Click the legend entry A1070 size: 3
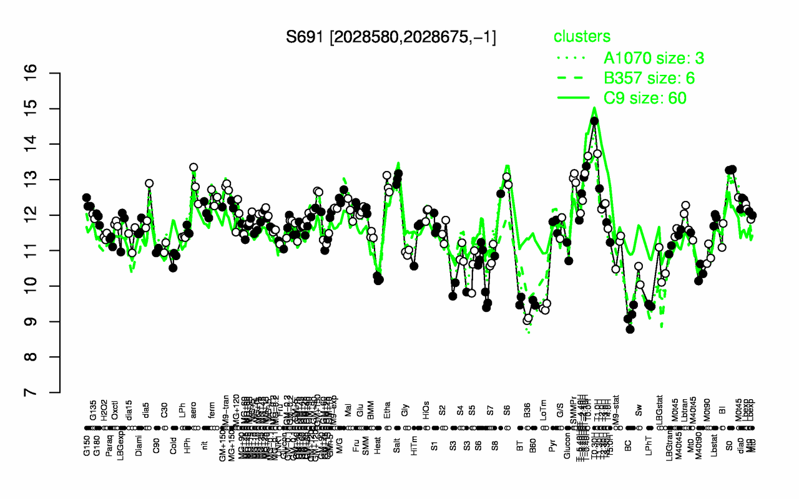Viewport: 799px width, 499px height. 654,59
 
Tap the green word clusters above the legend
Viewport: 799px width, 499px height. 582,36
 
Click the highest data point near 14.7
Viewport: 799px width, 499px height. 594,121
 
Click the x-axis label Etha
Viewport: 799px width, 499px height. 388,415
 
